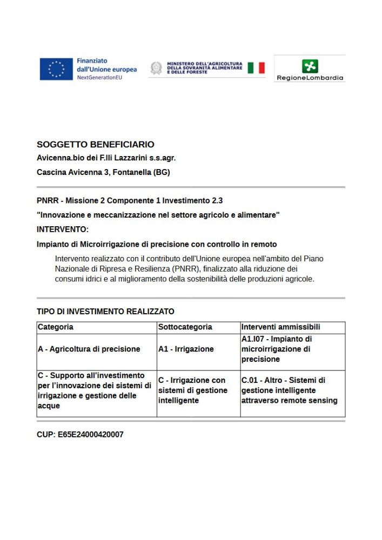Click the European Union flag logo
tap(56, 69)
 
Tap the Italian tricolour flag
tap(256, 68)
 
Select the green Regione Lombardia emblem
tap(310, 66)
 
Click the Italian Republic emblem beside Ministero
tap(156, 68)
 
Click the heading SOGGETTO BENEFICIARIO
tap(96, 145)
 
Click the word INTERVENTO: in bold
tap(63, 229)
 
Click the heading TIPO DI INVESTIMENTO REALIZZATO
tap(105, 312)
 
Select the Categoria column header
tap(56, 327)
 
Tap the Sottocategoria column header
tap(185, 327)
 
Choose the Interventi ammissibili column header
tap(280, 327)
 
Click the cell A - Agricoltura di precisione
tap(89, 349)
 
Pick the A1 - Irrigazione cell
tap(186, 349)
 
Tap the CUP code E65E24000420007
tap(91, 434)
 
